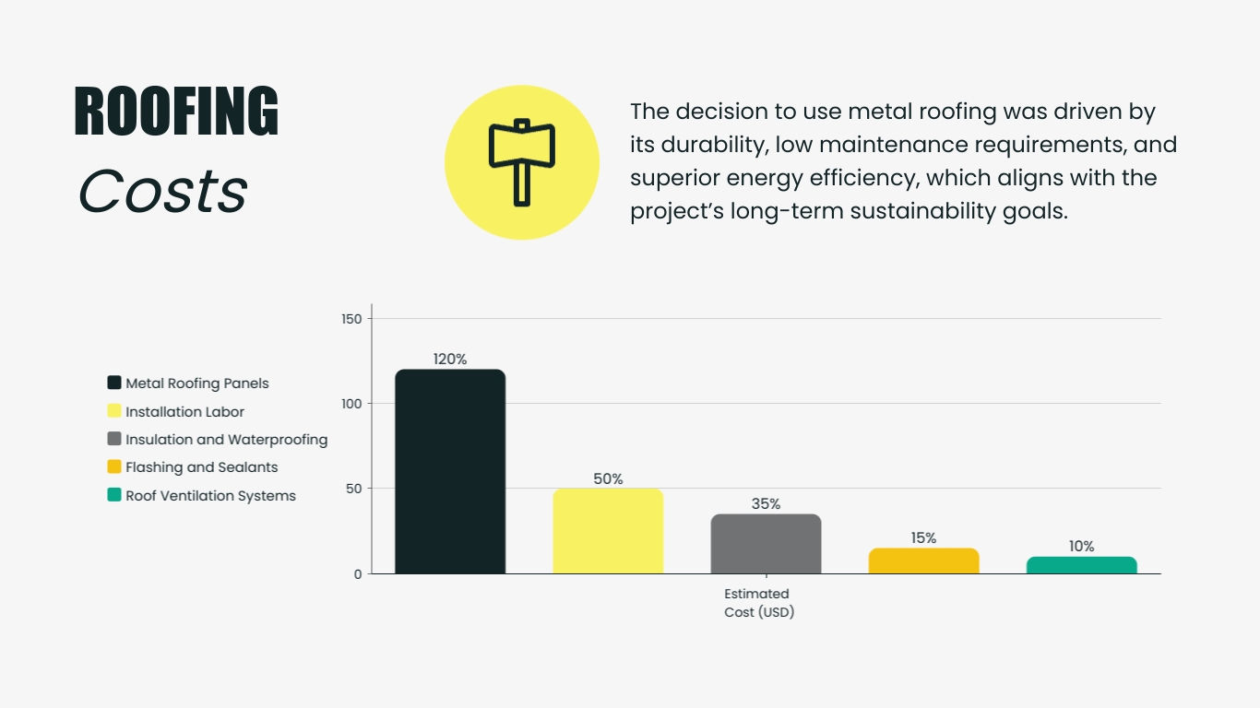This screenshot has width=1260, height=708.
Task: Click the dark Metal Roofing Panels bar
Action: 450,471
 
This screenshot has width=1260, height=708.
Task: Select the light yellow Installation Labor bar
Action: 608,531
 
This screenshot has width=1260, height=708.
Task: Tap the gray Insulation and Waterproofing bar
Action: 766,544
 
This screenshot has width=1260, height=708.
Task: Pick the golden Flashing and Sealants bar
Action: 923,560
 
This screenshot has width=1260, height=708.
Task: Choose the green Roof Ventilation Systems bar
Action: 1081,565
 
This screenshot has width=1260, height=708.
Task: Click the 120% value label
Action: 450,360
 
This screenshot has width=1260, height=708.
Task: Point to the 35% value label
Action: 766,504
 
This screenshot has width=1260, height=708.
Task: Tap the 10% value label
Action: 1081,547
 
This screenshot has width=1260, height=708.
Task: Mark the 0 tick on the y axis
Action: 358,574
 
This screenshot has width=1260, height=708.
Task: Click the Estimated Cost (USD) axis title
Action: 758,603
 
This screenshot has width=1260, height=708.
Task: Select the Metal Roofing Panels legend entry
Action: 196,383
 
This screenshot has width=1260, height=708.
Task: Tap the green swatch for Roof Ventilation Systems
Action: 114,495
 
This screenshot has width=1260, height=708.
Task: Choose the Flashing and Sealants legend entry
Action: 201,467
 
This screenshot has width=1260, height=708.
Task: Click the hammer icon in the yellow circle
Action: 522,162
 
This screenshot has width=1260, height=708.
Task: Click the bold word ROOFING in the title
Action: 176,112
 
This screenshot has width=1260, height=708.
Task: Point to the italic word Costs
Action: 162,192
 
